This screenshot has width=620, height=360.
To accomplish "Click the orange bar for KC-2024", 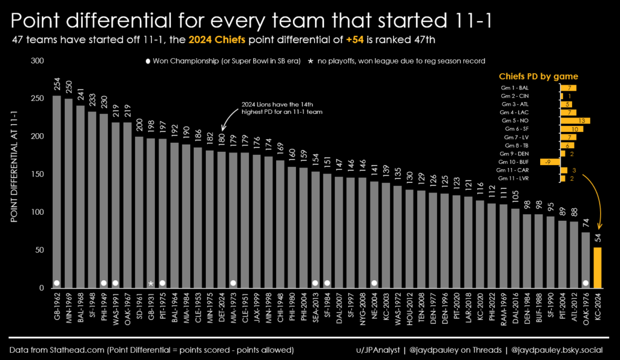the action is pos(598,267).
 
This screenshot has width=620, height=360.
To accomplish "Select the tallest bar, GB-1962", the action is pos(57,192).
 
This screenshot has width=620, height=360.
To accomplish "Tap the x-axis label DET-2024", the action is pos(222,308).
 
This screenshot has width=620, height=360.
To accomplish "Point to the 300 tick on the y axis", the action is pos(37,61).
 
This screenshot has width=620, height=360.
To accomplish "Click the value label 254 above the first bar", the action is pos(58,83).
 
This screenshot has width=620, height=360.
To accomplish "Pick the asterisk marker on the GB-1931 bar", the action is pos(151,283).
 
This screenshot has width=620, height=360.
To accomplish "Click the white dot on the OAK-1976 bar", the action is pos(585,283).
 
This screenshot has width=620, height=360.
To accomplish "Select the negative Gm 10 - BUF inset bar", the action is pos(550,162).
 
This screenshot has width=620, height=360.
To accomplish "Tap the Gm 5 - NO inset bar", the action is pos(575,120).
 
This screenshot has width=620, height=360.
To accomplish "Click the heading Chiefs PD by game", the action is pos(538,76).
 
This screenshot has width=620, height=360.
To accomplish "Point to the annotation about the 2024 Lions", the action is pos(282,108).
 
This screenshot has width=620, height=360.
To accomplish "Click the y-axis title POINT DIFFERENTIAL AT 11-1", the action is pos(15,166).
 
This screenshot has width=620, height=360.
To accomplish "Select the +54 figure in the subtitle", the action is pos(355,40).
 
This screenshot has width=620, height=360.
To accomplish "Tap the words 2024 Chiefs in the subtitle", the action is pos(217,40).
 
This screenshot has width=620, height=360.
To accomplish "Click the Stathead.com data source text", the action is pos(151,350).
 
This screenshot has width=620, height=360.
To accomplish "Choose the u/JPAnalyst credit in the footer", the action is pos(378,350).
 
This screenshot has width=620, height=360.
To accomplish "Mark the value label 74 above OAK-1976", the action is pos(586,223).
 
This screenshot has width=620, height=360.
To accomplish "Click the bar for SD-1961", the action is pos(139,212).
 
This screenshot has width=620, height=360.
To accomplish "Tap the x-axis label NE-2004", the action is pos(374,308).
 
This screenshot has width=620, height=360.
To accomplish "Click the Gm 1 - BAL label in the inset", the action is pos(515,88).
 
